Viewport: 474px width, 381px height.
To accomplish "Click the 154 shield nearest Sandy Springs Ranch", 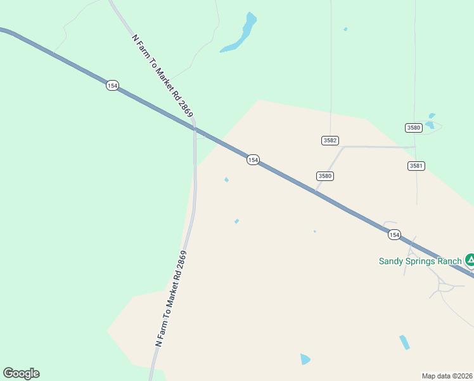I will tap(394, 235).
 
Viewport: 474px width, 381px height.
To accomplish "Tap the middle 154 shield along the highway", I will tap(253, 160).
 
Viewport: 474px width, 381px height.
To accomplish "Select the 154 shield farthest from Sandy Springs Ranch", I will tap(112, 86).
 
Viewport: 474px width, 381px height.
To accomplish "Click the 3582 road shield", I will tap(330, 140).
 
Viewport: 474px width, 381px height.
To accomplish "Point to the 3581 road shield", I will tap(416, 166).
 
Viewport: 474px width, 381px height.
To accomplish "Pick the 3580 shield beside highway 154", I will tap(325, 176).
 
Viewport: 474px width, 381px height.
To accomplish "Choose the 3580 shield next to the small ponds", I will tap(414, 128).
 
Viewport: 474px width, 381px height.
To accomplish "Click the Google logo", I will tap(21, 373).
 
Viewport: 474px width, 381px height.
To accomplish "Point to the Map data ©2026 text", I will tap(447, 376).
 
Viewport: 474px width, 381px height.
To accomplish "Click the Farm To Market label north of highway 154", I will tap(162, 74).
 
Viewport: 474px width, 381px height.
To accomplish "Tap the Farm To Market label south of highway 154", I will tap(171, 298).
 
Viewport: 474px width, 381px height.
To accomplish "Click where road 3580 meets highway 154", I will tap(316, 191).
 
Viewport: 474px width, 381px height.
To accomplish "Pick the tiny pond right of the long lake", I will tap(345, 29).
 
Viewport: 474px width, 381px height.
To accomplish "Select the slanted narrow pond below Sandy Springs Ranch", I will tap(404, 342).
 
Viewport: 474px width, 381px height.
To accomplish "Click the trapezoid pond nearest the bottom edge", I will tap(305, 359).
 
